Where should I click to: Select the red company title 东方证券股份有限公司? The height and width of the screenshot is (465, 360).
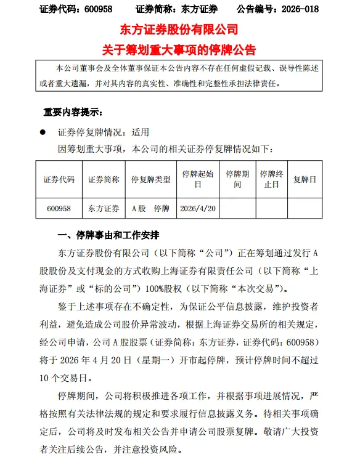(179, 30)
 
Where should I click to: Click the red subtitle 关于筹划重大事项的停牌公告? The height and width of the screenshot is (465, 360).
(179, 50)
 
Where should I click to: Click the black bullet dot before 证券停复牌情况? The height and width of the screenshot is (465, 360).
(43, 132)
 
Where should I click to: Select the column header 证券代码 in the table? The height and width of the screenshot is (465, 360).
(59, 180)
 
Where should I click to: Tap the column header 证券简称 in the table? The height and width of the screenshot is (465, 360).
(104, 180)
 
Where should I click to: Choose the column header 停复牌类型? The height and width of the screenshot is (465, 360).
(151, 180)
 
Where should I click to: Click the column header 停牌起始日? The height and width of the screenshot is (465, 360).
(198, 179)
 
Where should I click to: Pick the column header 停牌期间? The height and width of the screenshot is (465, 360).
(237, 179)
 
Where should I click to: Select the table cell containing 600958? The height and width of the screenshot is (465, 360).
(59, 209)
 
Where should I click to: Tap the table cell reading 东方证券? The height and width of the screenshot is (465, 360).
(104, 209)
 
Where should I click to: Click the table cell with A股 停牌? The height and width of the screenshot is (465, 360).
(151, 209)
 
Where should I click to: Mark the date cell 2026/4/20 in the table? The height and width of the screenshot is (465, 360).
(198, 209)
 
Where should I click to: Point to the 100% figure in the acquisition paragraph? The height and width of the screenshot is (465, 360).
(186, 288)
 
